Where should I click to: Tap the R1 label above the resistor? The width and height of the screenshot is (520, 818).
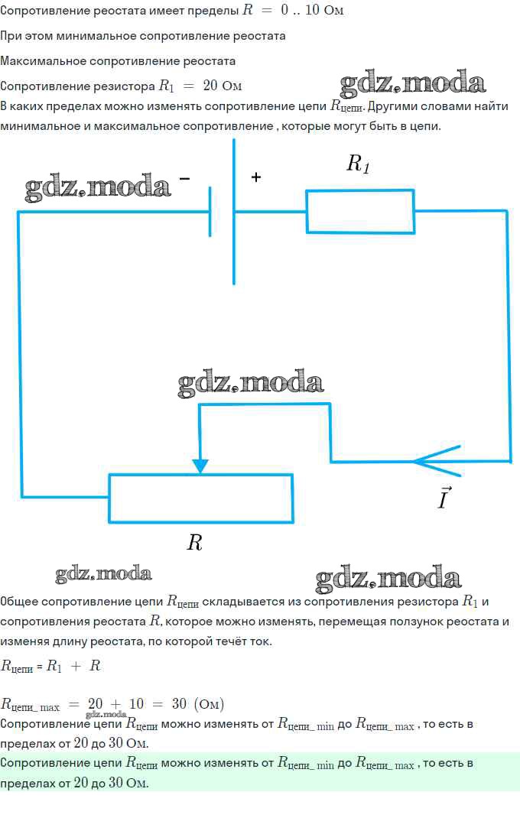click(x=358, y=164)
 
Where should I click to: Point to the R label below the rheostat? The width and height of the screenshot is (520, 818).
click(x=194, y=543)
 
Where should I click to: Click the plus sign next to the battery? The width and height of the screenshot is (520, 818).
click(x=256, y=177)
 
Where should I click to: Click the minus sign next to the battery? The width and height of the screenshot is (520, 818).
click(x=184, y=179)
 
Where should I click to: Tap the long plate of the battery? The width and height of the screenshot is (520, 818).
click(x=234, y=211)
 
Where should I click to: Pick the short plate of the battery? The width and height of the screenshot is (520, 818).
click(x=210, y=212)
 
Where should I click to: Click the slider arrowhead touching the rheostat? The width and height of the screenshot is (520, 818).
click(x=200, y=466)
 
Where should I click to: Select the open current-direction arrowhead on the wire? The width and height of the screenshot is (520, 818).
click(x=436, y=461)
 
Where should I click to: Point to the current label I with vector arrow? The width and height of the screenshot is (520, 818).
click(x=444, y=498)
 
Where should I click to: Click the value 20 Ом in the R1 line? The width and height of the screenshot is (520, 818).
click(x=223, y=86)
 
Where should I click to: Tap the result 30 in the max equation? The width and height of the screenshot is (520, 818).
click(x=179, y=704)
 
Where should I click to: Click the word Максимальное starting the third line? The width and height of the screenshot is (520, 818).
click(x=44, y=61)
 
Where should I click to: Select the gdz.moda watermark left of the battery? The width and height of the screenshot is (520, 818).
click(x=98, y=187)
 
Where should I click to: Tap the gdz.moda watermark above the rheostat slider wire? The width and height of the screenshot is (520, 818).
click(x=251, y=383)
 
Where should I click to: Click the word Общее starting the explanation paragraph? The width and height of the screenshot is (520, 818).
click(x=19, y=602)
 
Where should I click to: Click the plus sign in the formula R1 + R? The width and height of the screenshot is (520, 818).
click(x=76, y=666)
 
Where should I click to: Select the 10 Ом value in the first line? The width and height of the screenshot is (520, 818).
click(x=324, y=10)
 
